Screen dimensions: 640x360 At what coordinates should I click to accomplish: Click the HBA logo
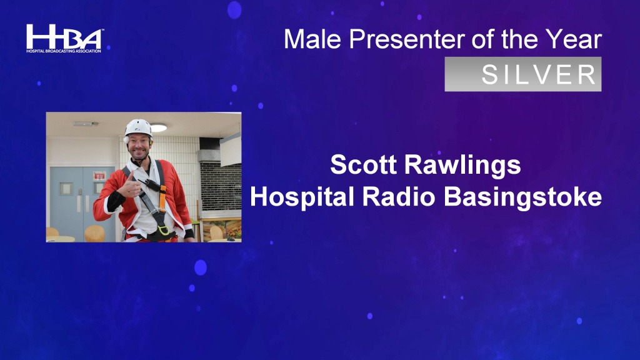coord(64,38)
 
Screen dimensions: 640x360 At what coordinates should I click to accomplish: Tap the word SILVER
coord(539,75)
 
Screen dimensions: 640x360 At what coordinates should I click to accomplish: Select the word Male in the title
coord(312,39)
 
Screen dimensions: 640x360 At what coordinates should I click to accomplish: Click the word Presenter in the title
coord(407,39)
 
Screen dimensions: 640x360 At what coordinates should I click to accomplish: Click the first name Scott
coord(363,164)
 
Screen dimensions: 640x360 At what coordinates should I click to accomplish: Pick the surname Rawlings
coord(462,165)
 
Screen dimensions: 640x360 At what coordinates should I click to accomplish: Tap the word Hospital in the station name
coord(302,197)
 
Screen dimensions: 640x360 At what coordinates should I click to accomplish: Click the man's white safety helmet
coord(138,127)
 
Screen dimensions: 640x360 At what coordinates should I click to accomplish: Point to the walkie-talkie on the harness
coord(150,184)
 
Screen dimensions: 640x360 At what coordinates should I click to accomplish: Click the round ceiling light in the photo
coord(159,127)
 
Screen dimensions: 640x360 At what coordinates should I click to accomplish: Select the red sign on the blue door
coord(99,176)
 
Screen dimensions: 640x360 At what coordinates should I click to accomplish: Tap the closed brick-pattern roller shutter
coord(221,186)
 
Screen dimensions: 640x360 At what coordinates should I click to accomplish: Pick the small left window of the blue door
coord(66,189)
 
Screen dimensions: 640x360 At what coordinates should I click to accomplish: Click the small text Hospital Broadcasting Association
coord(64,51)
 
